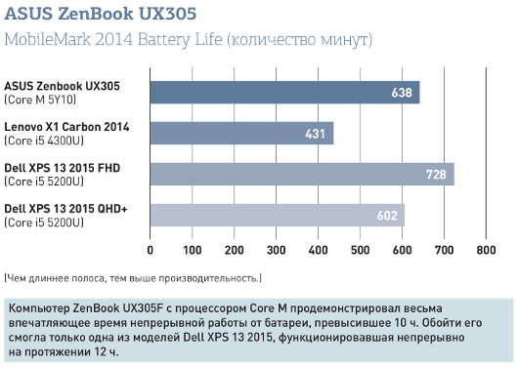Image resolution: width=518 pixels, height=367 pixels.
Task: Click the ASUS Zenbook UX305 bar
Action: (283, 93)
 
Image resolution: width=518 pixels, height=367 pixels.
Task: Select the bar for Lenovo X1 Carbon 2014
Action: (241, 133)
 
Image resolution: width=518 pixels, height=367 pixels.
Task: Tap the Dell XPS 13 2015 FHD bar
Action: (301, 174)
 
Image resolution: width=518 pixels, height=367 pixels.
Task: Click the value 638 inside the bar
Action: (402, 94)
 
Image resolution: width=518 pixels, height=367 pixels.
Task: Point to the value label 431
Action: (316, 134)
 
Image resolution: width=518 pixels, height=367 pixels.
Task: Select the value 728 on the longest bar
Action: (436, 175)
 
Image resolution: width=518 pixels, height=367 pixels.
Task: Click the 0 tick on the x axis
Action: (151, 249)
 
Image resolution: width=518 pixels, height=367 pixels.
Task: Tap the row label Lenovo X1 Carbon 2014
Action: (66, 127)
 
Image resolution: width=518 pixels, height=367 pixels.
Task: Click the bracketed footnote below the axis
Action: (133, 277)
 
